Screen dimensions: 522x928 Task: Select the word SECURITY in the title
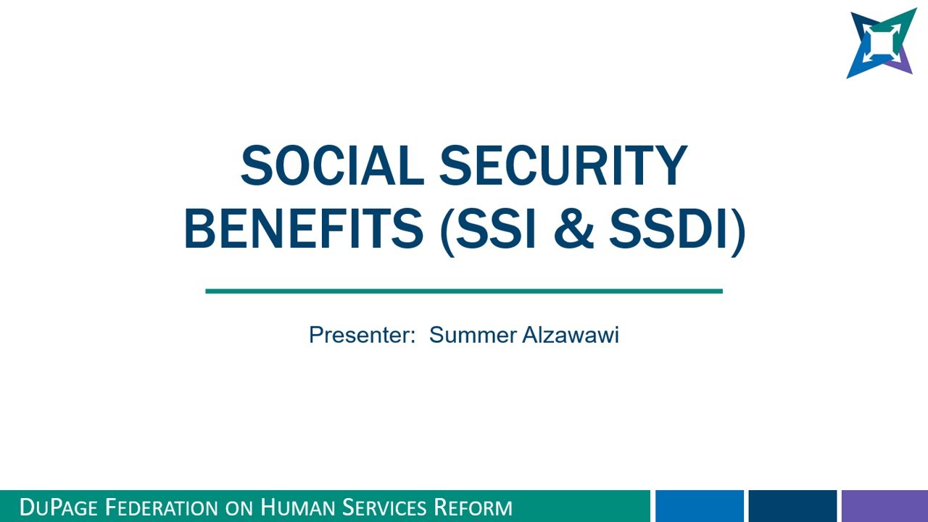coord(563,165)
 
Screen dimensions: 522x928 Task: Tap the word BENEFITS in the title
coord(304,228)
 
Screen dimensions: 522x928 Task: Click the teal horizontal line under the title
coord(464,291)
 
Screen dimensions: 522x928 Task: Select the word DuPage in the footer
coord(59,507)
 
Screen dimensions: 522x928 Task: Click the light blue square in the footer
coord(700,506)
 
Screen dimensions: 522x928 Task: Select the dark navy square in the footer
coord(792,506)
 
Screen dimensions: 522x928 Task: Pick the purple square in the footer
coord(884,506)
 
